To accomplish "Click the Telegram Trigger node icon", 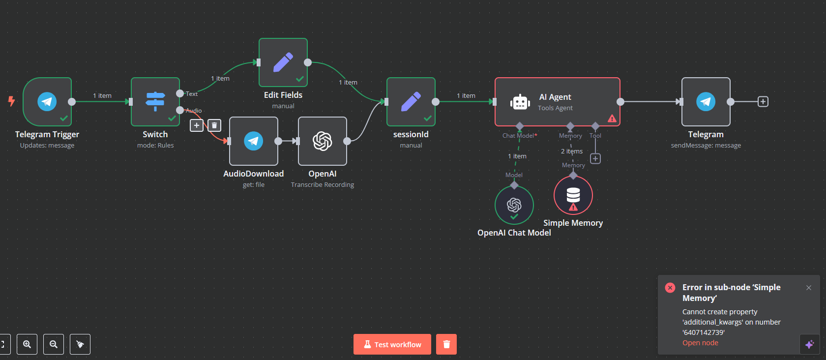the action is coord(47,101).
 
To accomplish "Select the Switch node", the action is coord(155,102).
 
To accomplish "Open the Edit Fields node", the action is coord(283,62).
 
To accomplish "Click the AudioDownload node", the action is coord(254,141).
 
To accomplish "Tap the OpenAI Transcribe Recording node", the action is coord(323,141).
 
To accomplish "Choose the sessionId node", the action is coord(411,102).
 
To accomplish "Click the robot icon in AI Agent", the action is coord(520,102).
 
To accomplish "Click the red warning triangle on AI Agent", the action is coord(612,119).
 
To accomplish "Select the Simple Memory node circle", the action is coord(573,196).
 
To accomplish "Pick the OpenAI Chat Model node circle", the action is coord(514,205).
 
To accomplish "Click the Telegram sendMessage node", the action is coord(706,102).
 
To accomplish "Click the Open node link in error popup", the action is coord(700,343).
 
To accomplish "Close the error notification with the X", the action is coord(809,288).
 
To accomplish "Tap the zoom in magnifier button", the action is coord(27,344).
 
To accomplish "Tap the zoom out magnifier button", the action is coord(54,344).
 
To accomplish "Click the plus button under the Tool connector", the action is coord(595,158).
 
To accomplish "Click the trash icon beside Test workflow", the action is coord(446,344).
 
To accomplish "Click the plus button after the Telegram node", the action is coord(763,101).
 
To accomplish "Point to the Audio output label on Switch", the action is coord(194,111).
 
